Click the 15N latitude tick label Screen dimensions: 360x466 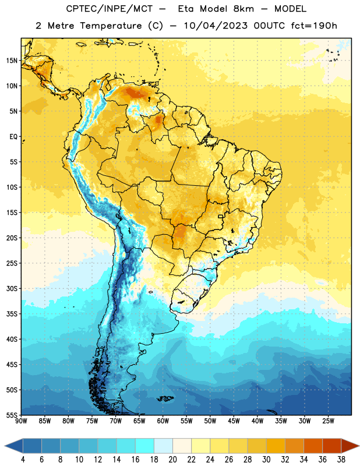[x=12, y=61]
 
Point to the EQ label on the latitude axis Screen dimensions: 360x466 [x=13, y=137]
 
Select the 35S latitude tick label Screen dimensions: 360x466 [x=12, y=314]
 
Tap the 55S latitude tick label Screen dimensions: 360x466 [x=12, y=415]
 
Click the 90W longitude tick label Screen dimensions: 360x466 [x=21, y=421]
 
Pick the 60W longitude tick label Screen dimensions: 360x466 [x=163, y=421]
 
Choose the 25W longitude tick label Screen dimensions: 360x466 [x=328, y=421]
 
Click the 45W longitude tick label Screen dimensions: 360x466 [x=234, y=421]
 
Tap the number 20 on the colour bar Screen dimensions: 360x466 [x=172, y=460]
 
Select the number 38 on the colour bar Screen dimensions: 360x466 [x=341, y=460]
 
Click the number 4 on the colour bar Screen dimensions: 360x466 [x=23, y=460]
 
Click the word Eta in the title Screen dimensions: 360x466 [x=186, y=9]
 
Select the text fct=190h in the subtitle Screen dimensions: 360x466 [x=314, y=26]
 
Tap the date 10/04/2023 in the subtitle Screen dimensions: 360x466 [x=216, y=26]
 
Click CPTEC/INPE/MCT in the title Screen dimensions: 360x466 [x=109, y=9]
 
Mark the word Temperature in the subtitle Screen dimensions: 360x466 [x=111, y=26]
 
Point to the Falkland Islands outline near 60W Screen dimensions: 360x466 [x=165, y=398]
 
